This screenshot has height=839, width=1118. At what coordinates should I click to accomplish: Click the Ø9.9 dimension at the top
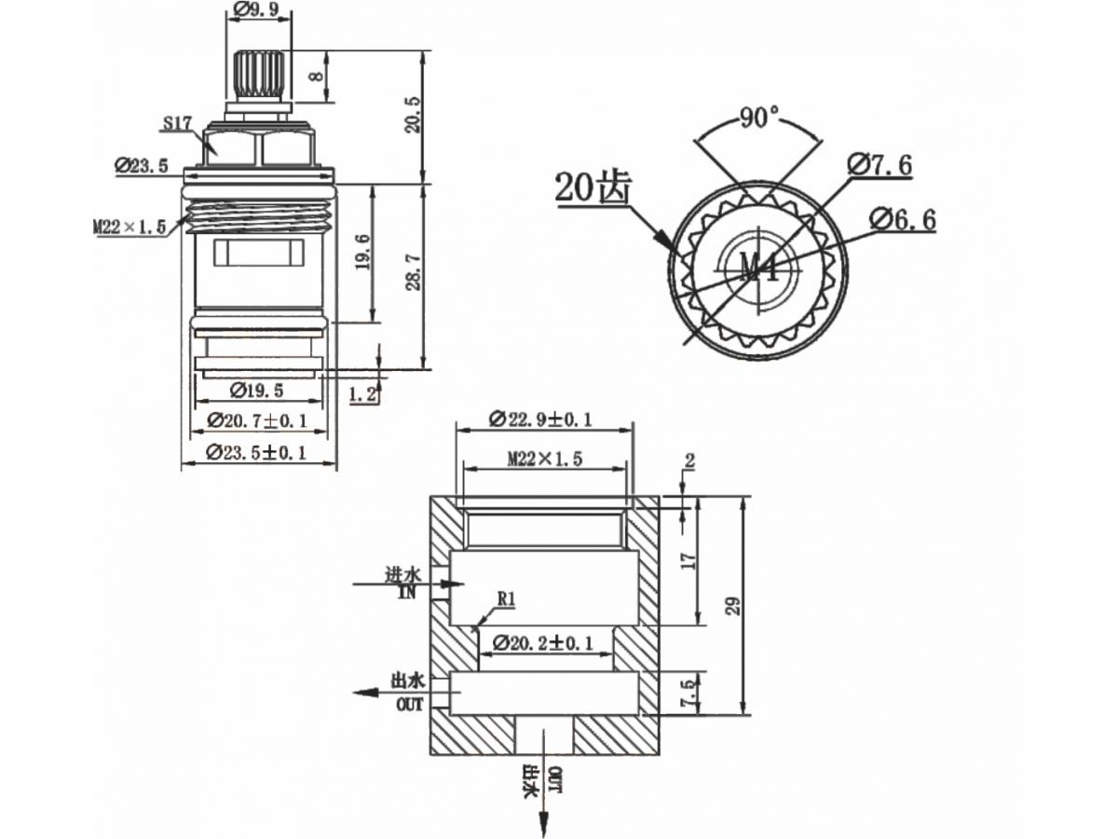[x=256, y=9]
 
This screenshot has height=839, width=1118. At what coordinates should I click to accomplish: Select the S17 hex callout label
[x=177, y=123]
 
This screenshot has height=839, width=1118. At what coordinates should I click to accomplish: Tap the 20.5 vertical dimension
[x=414, y=115]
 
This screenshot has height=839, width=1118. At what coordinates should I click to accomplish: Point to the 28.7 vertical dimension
[x=414, y=272]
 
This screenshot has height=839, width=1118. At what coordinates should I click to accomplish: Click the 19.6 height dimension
[x=363, y=252]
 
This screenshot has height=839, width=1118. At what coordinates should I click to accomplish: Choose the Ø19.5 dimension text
[x=256, y=391]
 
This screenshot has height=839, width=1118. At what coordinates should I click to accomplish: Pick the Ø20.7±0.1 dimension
[x=257, y=420]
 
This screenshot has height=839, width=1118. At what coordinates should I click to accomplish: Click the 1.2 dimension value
[x=362, y=393]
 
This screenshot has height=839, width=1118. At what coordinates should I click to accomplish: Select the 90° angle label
[x=759, y=117]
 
